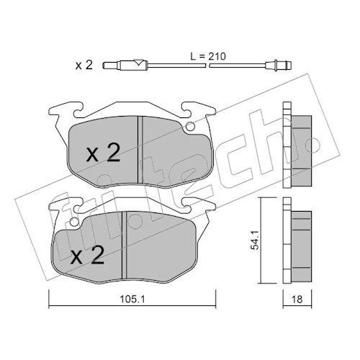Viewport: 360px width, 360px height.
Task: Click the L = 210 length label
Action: pos(208,57)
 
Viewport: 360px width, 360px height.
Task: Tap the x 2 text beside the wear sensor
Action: pos(84,65)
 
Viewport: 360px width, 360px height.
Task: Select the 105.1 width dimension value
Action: pos(132,299)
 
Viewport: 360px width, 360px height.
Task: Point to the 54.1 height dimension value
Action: pos(254,240)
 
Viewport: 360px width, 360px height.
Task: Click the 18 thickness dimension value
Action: pos(297,300)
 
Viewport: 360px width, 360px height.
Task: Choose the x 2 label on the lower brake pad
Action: pos(88,255)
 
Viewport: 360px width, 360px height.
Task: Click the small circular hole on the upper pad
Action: pos(190,126)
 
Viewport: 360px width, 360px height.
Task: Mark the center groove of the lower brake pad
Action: pos(124,246)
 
